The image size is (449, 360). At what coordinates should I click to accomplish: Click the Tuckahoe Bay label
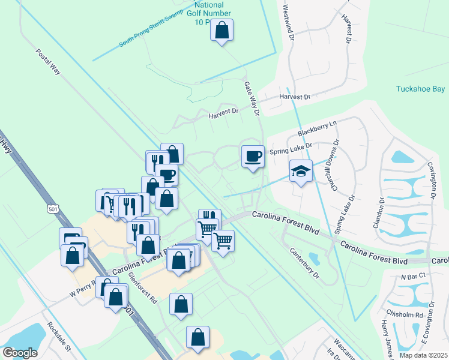point(420,89)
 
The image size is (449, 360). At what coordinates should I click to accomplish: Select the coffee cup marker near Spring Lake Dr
point(253,157)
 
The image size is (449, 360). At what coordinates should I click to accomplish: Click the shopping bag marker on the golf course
point(221,30)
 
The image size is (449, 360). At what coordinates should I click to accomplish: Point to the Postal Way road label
point(48,62)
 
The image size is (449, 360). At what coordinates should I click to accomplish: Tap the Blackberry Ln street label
point(318,127)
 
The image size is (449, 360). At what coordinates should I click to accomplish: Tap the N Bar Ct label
point(413,275)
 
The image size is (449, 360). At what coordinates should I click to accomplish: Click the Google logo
point(20,353)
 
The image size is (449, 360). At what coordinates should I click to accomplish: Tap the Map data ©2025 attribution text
point(423,355)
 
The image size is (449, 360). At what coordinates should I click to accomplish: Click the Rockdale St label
point(59,340)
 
